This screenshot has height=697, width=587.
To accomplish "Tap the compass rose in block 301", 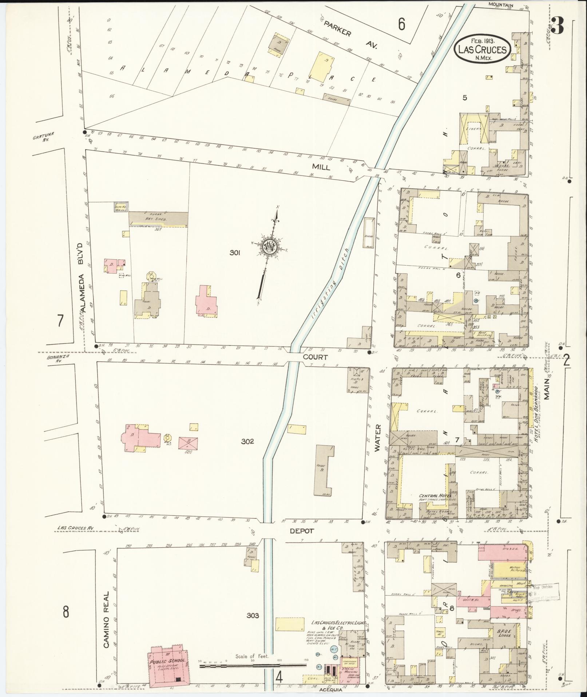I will pyautogui.click(x=270, y=247).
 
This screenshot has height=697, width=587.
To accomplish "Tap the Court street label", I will pyautogui.click(x=316, y=357).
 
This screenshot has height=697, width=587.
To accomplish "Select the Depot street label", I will pyautogui.click(x=302, y=531).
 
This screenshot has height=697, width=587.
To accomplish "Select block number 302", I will pyautogui.click(x=247, y=442).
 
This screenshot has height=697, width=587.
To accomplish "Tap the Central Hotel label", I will pyautogui.click(x=435, y=496).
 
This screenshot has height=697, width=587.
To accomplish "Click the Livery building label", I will pyautogui.click(x=475, y=129).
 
